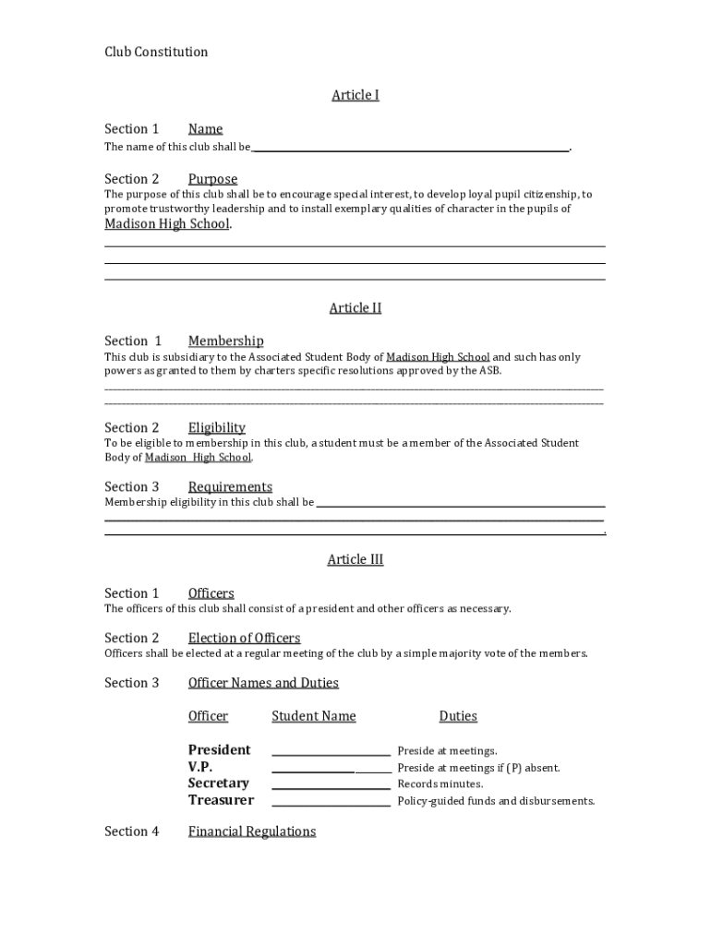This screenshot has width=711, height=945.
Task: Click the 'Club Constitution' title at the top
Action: (156, 52)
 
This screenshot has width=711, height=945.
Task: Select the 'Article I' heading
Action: (355, 95)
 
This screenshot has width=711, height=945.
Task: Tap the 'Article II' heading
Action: (355, 308)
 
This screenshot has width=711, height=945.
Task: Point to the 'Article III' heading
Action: (355, 560)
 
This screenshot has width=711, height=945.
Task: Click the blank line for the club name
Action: (410, 148)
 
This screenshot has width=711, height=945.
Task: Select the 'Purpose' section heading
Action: (212, 179)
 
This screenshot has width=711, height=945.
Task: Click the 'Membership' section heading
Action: (225, 341)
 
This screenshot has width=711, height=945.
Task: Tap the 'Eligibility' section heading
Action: (217, 428)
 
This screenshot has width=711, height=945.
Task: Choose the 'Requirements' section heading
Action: (230, 487)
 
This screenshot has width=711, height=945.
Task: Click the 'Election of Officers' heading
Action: (244, 639)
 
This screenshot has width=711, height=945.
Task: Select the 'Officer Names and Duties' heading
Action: (263, 684)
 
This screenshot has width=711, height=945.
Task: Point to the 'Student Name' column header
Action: (313, 717)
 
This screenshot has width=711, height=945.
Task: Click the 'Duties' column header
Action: (458, 717)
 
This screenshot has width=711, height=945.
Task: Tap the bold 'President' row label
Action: (219, 750)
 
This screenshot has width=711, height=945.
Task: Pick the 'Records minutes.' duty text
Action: (440, 784)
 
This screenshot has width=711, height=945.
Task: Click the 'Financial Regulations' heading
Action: (252, 832)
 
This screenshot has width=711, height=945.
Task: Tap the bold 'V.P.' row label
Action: (200, 767)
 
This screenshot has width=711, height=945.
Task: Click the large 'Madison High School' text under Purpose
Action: (167, 224)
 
